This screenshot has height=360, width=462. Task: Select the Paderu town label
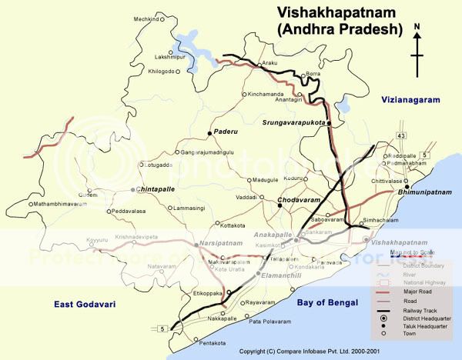tap(227, 132)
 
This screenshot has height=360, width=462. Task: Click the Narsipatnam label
tap(221, 242)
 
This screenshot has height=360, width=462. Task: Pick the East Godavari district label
tap(85, 305)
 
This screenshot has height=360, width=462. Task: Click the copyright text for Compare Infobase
tap(315, 351)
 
